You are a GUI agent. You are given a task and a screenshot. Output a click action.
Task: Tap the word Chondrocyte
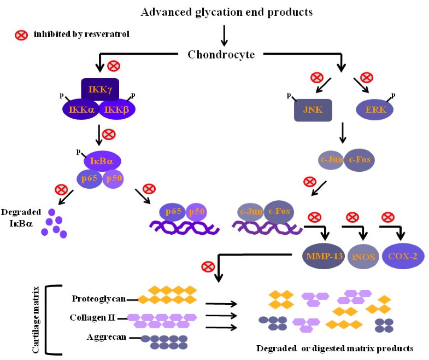coord(225,54)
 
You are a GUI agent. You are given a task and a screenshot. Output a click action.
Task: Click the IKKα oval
coord(81,109)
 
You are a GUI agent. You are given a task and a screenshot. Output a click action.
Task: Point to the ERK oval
coord(375,109)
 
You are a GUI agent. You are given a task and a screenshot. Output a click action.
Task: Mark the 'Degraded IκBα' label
coord(20,216)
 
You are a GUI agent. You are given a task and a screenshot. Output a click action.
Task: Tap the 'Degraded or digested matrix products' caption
coord(334,348)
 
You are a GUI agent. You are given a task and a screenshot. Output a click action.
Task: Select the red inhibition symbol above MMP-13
coord(314,216)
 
